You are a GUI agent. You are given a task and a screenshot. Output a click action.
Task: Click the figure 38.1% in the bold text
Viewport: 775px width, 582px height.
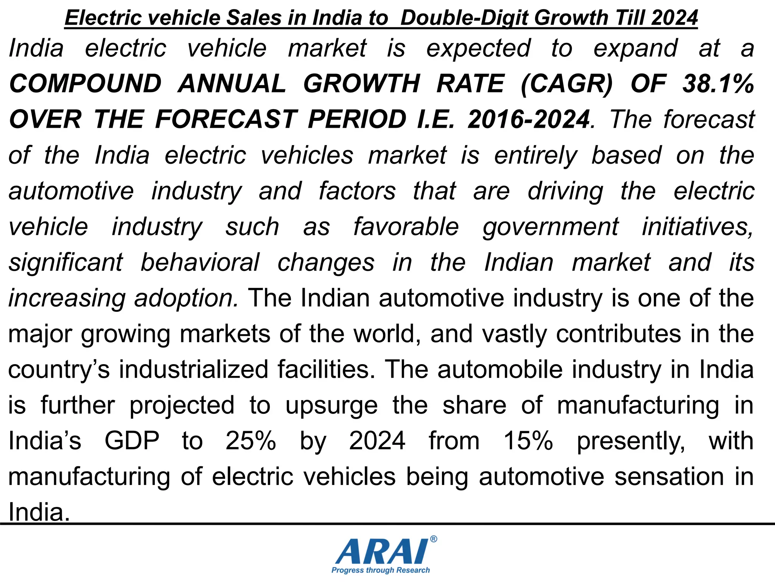tap(718, 84)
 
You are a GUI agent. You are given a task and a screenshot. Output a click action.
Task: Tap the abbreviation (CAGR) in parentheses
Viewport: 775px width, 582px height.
tap(566, 84)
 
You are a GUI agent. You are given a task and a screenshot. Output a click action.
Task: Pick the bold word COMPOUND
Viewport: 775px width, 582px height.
tap(86, 84)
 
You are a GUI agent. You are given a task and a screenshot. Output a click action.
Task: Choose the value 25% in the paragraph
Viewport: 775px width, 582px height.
tap(251, 441)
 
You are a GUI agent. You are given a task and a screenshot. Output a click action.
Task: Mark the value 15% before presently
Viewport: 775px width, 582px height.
tap(528, 441)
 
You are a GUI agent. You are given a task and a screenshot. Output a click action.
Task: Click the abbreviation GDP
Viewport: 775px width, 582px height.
tap(132, 441)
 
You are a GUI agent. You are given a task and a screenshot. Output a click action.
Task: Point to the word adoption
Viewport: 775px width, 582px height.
tap(186, 299)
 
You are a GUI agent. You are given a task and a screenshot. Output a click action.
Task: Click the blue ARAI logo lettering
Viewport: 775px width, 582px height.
tap(381, 552)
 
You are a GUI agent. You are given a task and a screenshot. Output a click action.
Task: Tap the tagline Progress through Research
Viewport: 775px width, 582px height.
tap(381, 570)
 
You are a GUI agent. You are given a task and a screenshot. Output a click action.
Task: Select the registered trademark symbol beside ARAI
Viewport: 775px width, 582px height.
tap(434, 539)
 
